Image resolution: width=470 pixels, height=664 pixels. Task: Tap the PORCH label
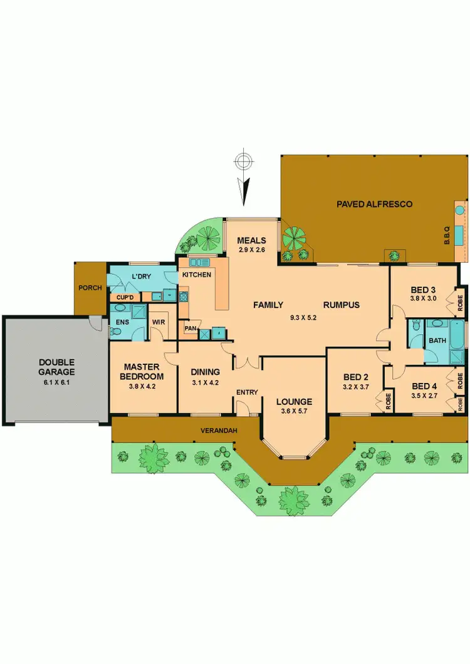point(90,289)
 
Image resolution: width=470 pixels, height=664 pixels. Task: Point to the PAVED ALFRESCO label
point(374,204)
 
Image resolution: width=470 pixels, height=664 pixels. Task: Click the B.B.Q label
point(447,235)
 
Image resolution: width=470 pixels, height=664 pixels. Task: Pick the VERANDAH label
point(217,431)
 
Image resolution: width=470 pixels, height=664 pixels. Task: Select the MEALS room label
point(251,240)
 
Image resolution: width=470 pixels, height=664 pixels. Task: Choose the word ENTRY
point(247,392)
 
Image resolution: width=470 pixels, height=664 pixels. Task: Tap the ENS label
point(122,322)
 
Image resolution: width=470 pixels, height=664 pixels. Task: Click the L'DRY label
point(141,276)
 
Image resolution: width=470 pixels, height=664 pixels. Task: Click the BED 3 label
point(423,290)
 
